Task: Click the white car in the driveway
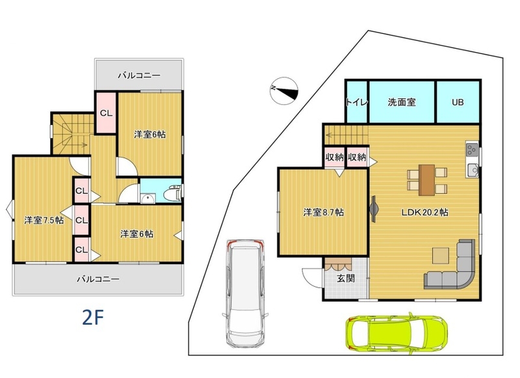[x=246, y=293]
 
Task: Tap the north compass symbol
[x=284, y=91]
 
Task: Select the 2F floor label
[x=93, y=317]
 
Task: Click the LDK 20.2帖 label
[x=425, y=212]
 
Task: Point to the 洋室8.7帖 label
[x=323, y=212]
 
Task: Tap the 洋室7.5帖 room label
[x=44, y=220]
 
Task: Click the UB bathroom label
[x=458, y=102]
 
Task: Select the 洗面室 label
[x=402, y=102]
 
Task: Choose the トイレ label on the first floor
[x=357, y=102]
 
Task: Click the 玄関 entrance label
[x=346, y=278]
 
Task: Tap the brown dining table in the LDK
[x=427, y=180]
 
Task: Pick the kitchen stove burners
[x=472, y=151]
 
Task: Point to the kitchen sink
[x=473, y=170]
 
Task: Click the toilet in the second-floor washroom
[x=174, y=193]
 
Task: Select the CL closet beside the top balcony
[x=106, y=113]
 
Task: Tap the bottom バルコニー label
[x=98, y=279]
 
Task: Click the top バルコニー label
[x=139, y=75]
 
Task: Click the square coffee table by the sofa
[x=441, y=256]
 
